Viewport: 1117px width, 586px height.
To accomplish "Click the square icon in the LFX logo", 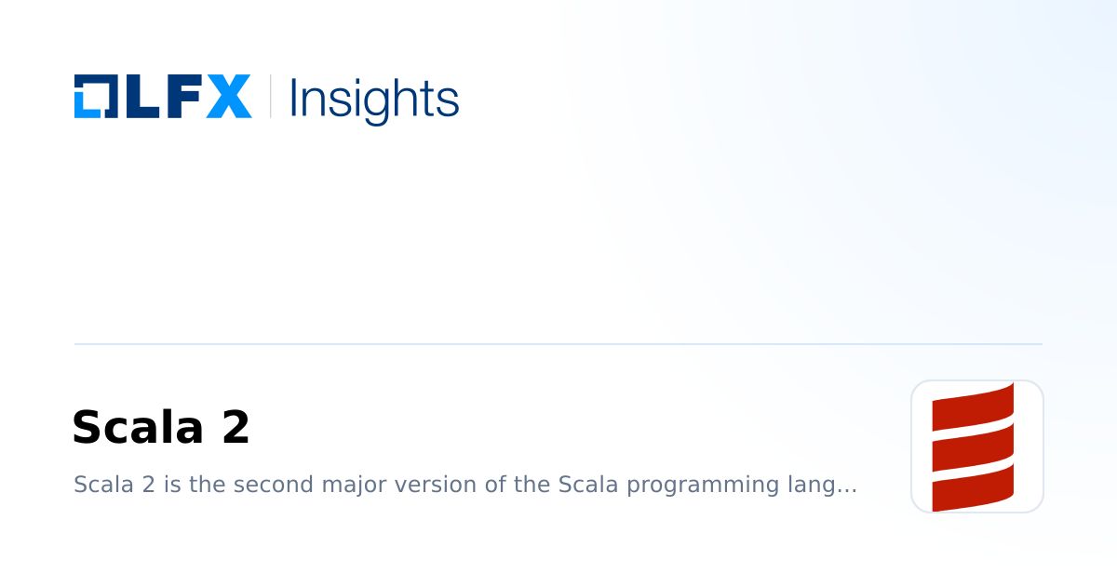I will pyautogui.click(x=95, y=97).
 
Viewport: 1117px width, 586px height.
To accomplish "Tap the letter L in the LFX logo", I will pyautogui.click(x=138, y=97).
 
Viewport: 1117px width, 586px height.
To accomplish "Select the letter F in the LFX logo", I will pyautogui.click(x=182, y=97).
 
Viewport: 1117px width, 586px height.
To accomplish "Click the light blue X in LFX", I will pyautogui.click(x=228, y=97).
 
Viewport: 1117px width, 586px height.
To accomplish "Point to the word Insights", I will pyautogui.click(x=374, y=99).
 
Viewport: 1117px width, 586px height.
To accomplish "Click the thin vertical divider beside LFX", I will pyautogui.click(x=270, y=97).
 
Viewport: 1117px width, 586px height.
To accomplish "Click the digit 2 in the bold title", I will pyautogui.click(x=236, y=428).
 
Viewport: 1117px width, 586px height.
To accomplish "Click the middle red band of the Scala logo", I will pyautogui.click(x=973, y=446).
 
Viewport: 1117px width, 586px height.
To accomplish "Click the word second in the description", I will pyautogui.click(x=276, y=485).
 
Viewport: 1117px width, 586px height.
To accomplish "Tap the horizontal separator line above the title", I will pyautogui.click(x=558, y=344).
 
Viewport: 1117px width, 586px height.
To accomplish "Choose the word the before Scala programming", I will pyautogui.click(x=532, y=485).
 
